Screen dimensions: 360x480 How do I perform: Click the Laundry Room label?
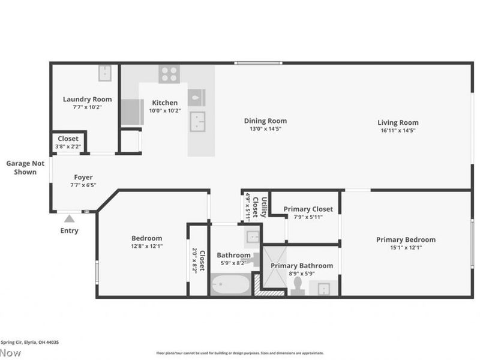(x=87, y=100)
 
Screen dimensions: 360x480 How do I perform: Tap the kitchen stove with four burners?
(x=169, y=74)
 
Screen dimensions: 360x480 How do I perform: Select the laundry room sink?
(x=107, y=73)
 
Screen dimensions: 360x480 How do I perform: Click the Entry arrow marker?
(x=70, y=219)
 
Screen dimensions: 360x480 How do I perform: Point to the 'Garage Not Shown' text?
(x=22, y=167)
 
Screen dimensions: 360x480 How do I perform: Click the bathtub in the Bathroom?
(x=230, y=285)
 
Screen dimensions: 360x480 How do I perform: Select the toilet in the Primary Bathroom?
(x=298, y=287)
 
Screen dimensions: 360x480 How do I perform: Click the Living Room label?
(x=398, y=123)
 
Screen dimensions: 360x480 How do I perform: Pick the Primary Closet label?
(x=308, y=209)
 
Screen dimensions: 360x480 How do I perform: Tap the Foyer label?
(x=83, y=177)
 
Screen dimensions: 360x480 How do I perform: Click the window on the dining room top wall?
(x=258, y=63)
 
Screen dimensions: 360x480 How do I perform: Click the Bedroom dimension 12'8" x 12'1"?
(x=147, y=246)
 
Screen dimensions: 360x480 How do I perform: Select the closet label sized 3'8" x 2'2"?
(x=68, y=139)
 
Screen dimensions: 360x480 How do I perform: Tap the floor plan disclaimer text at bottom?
(x=240, y=353)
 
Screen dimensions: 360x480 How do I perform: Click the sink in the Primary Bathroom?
(x=323, y=288)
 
